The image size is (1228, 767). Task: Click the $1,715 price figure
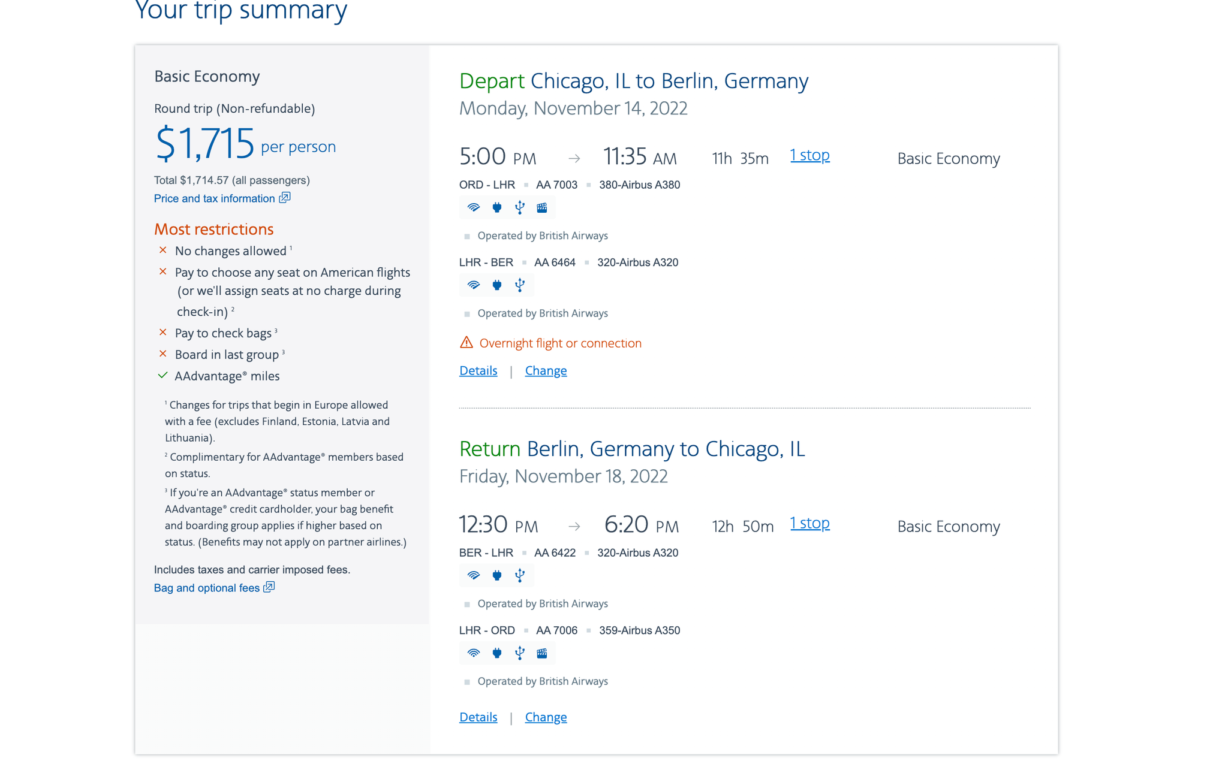pyautogui.click(x=205, y=143)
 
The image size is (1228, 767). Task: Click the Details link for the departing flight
pyautogui.click(x=478, y=371)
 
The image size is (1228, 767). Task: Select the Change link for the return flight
pyautogui.click(x=546, y=717)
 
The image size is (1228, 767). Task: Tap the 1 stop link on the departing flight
pyautogui.click(x=809, y=155)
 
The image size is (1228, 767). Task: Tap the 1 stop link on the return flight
pyautogui.click(x=809, y=523)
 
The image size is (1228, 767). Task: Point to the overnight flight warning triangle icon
pyautogui.click(x=466, y=343)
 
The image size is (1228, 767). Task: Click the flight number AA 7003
pyautogui.click(x=556, y=185)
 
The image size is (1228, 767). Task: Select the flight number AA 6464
pyautogui.click(x=555, y=262)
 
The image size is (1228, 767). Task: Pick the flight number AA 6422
pyautogui.click(x=555, y=553)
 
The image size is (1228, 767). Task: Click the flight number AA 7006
pyautogui.click(x=556, y=630)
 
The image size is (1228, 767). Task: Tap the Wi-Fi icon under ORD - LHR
pyautogui.click(x=474, y=208)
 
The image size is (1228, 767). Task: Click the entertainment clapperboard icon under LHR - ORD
pyautogui.click(x=542, y=653)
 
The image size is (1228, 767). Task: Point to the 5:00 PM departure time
pyautogui.click(x=497, y=157)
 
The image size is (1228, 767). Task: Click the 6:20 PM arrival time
pyautogui.click(x=641, y=525)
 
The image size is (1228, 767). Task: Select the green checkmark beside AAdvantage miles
pyautogui.click(x=162, y=376)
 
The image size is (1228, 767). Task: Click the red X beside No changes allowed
pyautogui.click(x=162, y=250)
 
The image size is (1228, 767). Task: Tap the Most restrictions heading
pyautogui.click(x=213, y=230)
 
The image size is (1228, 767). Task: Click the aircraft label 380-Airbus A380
pyautogui.click(x=639, y=185)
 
